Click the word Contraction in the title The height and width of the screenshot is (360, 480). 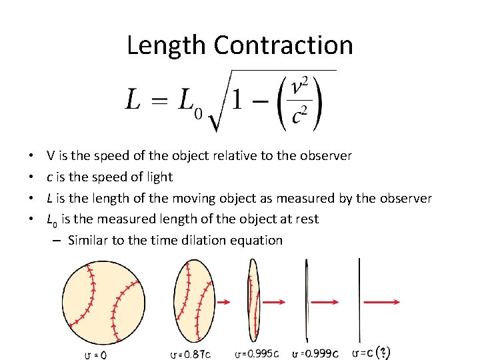click(x=283, y=45)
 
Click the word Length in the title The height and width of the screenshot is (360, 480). click(x=167, y=45)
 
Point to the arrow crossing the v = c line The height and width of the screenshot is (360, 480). click(x=379, y=302)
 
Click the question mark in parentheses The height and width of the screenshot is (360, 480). click(x=383, y=352)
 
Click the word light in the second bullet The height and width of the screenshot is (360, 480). click(x=160, y=177)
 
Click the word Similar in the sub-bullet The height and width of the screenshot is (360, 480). click(x=88, y=241)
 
